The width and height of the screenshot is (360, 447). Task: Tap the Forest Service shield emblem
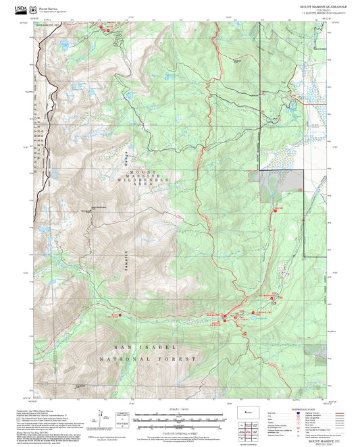point(34,7)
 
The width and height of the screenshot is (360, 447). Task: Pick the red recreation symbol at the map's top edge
point(105,28)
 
